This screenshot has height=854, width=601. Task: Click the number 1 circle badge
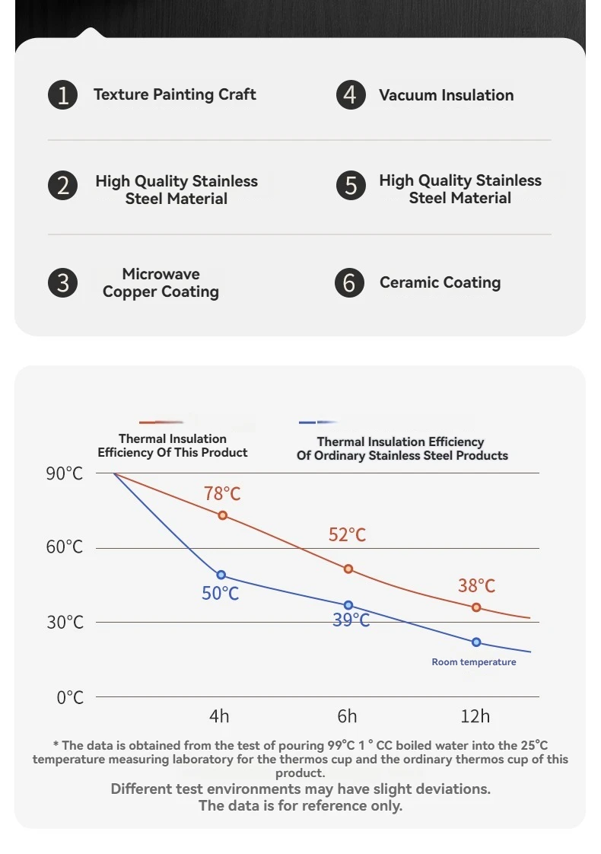[63, 95]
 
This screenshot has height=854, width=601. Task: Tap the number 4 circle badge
[351, 95]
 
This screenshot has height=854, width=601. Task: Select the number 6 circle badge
[349, 283]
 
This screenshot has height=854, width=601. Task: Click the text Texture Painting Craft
[174, 94]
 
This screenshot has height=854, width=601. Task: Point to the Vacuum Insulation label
[446, 95]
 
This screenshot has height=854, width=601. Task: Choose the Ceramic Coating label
[440, 282]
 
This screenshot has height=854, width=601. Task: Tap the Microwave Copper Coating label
[161, 283]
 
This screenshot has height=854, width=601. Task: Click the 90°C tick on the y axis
[65, 473]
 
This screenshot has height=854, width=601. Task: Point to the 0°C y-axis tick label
[70, 697]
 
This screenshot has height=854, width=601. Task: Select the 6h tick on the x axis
[347, 716]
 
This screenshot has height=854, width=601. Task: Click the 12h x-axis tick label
[475, 716]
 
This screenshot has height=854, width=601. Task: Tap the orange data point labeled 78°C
[223, 515]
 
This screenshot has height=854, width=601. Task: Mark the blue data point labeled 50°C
[221, 575]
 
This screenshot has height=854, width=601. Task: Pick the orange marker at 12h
[476, 607]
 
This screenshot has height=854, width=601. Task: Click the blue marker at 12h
[476, 642]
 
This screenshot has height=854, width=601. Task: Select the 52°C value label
[347, 535]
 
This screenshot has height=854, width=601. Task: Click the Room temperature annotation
[473, 662]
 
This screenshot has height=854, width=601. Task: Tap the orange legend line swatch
[161, 422]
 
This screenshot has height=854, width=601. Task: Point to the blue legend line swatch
[318, 422]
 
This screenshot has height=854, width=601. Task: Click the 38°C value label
[476, 585]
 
